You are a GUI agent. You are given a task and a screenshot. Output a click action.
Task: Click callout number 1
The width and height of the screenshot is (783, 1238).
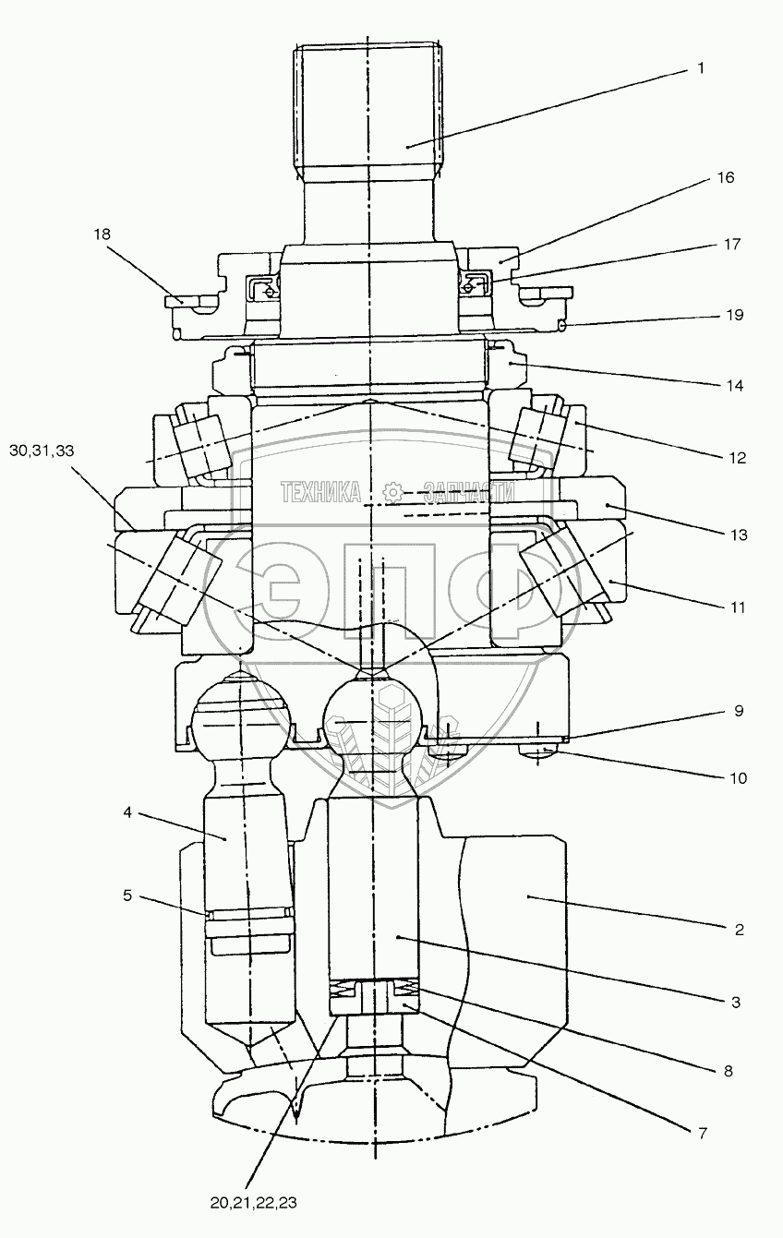point(701,68)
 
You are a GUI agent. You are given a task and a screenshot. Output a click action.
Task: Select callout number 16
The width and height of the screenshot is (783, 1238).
point(726,177)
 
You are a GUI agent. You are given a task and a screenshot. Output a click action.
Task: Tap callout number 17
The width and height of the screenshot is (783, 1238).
point(732,245)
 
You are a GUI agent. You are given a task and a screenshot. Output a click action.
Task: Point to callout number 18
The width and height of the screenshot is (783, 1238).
point(102,234)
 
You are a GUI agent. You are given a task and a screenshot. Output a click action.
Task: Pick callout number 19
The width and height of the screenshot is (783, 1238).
point(734,315)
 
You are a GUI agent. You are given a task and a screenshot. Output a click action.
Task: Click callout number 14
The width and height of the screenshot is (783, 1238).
point(734,384)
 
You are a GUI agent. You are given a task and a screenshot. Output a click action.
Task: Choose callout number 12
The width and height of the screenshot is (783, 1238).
point(735,458)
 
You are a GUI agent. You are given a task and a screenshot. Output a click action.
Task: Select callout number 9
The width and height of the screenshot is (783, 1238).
point(738,712)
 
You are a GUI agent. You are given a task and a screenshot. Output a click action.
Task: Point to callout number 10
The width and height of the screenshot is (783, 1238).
point(737,778)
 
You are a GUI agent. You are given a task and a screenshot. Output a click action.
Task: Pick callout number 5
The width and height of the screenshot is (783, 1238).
point(126,895)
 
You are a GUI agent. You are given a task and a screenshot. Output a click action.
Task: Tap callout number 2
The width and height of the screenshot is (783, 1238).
point(740,930)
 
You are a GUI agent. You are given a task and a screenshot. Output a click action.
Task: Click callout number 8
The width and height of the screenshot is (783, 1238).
point(728,1073)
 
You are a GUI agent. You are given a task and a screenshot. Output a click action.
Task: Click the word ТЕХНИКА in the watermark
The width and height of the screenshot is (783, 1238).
point(319,493)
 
